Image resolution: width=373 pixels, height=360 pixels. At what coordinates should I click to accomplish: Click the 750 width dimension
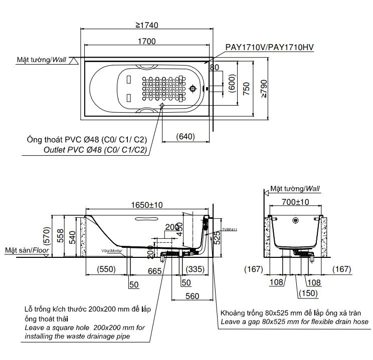[246, 89]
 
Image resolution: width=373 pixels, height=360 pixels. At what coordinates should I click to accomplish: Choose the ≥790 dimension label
[263, 89]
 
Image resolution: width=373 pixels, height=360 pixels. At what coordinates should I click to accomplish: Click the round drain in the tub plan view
[195, 89]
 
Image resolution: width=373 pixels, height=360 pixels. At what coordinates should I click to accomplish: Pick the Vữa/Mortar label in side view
[108, 250]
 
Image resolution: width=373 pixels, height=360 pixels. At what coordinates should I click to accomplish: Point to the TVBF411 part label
[230, 229]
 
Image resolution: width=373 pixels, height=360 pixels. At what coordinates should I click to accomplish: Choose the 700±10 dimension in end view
[296, 202]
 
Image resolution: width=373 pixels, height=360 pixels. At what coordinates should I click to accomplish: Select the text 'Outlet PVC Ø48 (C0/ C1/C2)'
[95, 150]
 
